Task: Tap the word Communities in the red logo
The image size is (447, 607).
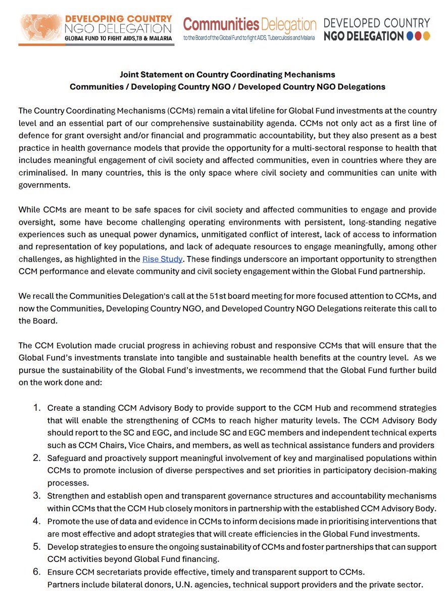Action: click(222, 24)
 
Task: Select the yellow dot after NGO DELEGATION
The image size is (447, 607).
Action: click(427, 36)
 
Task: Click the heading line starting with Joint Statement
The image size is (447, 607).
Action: click(227, 74)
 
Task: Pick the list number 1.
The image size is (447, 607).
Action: click(36, 407)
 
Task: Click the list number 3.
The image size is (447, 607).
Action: click(36, 495)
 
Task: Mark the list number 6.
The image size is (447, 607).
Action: click(36, 572)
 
